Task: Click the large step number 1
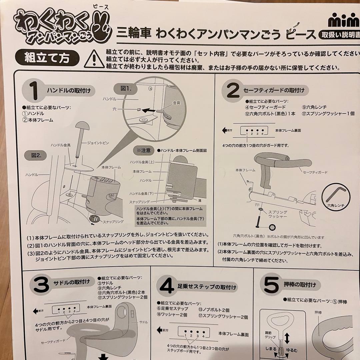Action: [34, 90]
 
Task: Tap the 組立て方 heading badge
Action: [47, 57]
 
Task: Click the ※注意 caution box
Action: [143, 150]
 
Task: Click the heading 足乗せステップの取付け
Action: [207, 287]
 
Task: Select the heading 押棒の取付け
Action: [302, 285]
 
